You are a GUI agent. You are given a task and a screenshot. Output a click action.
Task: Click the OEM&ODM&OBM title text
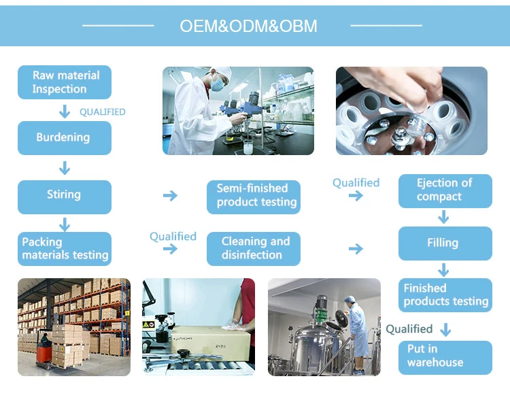(248, 26)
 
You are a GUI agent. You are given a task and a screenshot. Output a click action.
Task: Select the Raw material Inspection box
(65, 82)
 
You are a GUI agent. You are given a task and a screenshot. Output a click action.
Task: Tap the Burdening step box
(65, 137)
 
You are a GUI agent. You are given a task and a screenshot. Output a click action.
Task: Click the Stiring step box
(65, 195)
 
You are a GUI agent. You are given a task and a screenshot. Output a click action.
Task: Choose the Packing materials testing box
(65, 248)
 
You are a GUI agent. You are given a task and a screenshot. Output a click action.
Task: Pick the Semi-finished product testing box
(254, 195)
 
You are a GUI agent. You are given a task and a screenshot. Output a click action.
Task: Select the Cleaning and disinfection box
(254, 248)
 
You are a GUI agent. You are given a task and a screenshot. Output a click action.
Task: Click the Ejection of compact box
(444, 190)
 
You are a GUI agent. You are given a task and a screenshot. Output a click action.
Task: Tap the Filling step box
(444, 243)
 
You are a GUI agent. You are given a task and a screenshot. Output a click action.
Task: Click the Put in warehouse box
(444, 356)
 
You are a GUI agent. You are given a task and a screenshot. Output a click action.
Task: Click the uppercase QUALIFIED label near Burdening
(103, 112)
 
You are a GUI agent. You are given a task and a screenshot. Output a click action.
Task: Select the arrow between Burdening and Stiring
(65, 167)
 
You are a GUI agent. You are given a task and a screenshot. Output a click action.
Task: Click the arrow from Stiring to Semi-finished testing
(170, 196)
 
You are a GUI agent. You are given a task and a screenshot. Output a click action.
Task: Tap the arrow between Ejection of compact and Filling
(444, 217)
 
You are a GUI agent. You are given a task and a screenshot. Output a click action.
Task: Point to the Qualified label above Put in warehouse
(409, 329)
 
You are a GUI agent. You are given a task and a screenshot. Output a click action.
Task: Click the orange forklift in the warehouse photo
(44, 349)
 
